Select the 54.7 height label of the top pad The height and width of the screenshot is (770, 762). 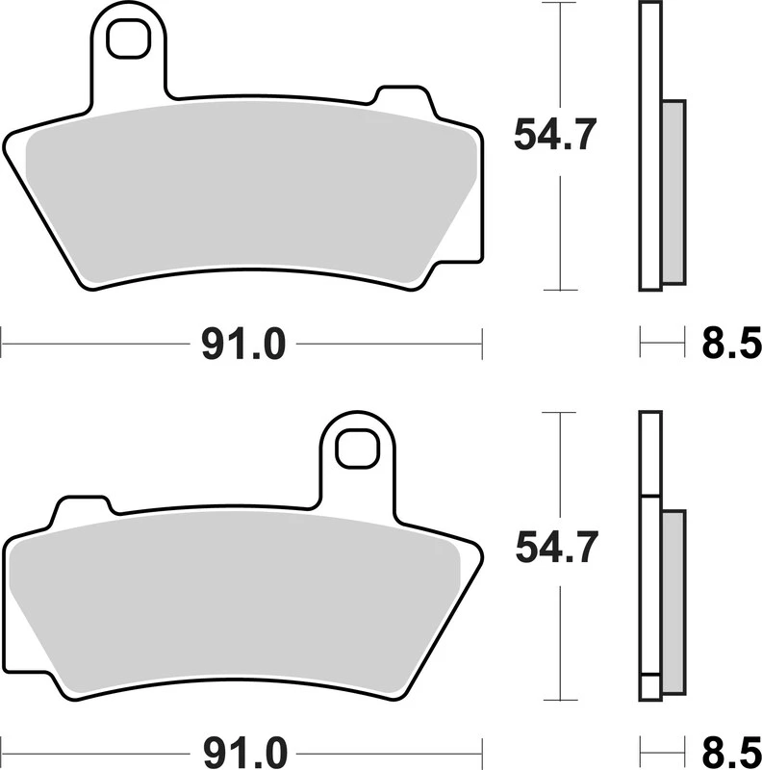556,135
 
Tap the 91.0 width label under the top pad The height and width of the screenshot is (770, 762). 242,344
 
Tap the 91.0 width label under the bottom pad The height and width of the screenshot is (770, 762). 242,749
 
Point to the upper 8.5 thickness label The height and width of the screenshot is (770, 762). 732,344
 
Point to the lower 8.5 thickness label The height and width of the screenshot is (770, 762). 732,749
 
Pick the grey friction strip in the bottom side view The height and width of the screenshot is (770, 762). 672,602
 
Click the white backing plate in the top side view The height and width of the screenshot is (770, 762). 650,144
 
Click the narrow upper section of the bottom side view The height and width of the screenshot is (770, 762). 651,452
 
